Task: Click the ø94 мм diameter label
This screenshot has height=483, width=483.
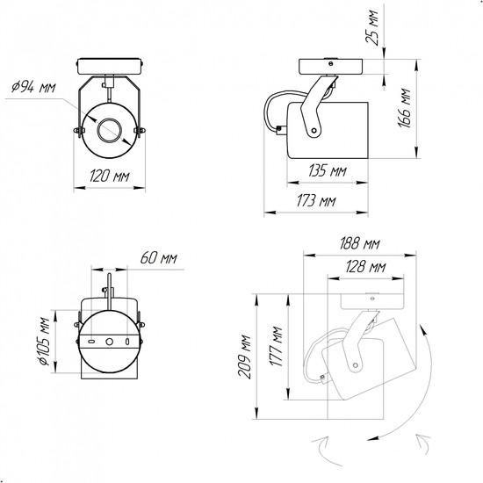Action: coord(33,87)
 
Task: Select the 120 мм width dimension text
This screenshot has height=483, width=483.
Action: coord(110,177)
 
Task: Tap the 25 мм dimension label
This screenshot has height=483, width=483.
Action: coord(371,28)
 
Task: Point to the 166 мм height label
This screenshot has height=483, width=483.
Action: coord(404,108)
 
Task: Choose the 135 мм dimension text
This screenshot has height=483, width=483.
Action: coord(328,170)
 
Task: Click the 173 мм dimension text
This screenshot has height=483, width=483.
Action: coord(316,201)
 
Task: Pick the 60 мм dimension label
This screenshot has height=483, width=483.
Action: coord(159,258)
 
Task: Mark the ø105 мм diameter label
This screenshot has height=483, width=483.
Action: coord(44,342)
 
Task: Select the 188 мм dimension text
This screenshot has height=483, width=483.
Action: coord(359,243)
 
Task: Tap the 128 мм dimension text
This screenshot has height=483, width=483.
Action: coord(365,266)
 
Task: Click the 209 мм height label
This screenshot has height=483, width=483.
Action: coord(245,357)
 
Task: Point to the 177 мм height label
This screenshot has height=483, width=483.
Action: coord(276,346)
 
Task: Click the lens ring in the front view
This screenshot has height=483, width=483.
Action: coord(110,130)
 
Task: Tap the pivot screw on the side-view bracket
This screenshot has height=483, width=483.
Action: coord(314,131)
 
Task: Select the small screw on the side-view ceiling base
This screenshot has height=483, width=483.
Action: coord(330,64)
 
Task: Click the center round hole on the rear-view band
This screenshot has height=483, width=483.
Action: coord(110,342)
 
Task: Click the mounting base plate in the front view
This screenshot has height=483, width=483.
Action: coord(110,66)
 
